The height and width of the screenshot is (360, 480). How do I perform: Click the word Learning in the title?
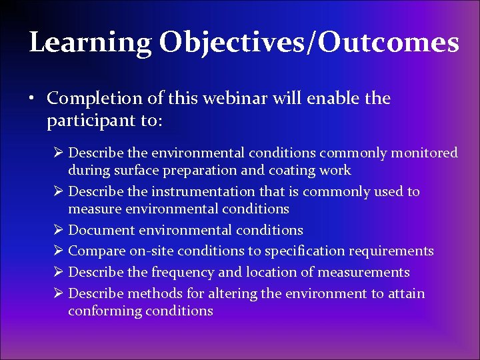point(90,43)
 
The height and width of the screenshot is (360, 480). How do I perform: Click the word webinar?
point(235,99)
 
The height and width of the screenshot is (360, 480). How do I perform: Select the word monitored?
point(424,153)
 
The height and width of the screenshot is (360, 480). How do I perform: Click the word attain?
point(404,294)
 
